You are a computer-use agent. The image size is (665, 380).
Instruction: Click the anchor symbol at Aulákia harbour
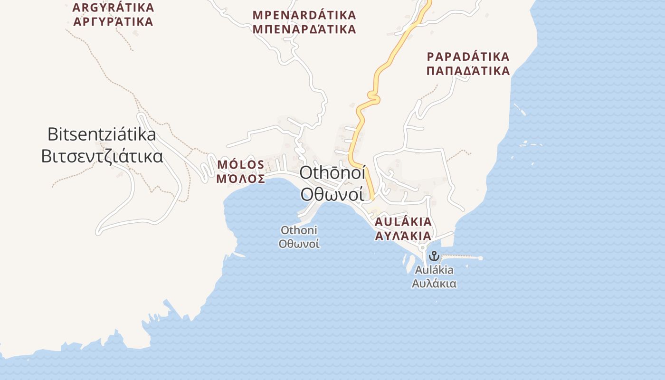[433, 256]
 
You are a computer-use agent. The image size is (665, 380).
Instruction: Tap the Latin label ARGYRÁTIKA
[114, 8]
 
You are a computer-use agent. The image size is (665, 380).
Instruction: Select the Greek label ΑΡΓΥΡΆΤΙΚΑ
[114, 22]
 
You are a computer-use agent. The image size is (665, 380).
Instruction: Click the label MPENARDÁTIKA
[304, 15]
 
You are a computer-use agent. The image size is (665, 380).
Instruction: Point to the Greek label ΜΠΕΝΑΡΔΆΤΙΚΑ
[304, 29]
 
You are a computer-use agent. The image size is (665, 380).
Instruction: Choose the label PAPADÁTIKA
[468, 57]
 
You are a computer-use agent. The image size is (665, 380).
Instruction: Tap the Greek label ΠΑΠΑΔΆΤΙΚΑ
[468, 71]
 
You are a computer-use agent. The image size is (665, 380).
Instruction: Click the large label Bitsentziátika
[102, 134]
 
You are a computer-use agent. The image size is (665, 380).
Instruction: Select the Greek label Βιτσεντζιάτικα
[102, 156]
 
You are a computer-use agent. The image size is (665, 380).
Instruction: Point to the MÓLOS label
[240, 165]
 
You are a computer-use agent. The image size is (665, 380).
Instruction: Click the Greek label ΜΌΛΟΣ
[240, 179]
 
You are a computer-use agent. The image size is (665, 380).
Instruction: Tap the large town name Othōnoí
[332, 173]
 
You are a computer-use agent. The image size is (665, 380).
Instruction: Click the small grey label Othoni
[299, 230]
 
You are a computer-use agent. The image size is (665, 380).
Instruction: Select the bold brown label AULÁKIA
[403, 222]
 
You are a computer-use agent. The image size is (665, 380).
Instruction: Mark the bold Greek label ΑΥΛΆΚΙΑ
[403, 236]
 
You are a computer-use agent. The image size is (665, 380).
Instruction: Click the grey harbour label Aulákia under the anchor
[434, 270]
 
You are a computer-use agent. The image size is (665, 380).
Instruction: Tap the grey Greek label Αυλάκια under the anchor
[434, 284]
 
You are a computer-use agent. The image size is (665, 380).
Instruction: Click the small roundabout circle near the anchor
[422, 248]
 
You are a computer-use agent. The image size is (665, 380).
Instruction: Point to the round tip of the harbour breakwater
[480, 258]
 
